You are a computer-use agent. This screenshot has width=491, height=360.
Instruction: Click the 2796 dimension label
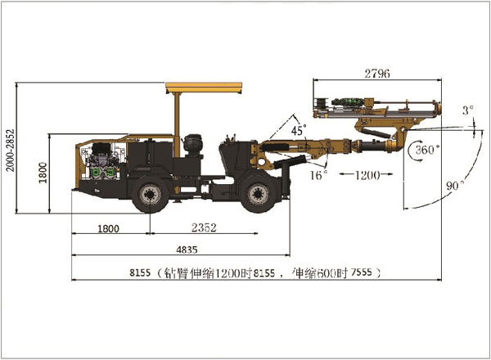coord(376,74)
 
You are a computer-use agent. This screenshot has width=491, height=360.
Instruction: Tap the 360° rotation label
coord(426,150)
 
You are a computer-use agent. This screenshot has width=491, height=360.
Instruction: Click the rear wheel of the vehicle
coord(150,195)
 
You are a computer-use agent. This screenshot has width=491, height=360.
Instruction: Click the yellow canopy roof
coord(205,86)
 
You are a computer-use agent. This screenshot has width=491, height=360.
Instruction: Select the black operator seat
coord(194,145)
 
